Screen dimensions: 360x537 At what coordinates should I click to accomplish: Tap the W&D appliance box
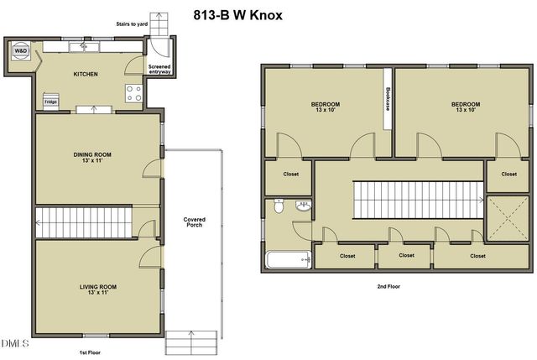20,51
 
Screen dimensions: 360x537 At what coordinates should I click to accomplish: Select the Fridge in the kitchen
50,102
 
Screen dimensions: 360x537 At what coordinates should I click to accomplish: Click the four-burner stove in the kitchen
133,93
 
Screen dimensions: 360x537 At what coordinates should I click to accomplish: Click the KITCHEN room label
86,74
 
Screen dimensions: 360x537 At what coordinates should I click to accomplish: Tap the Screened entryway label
159,70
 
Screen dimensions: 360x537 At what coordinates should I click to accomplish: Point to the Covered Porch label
195,223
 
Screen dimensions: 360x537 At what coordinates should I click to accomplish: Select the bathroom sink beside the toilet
304,205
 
